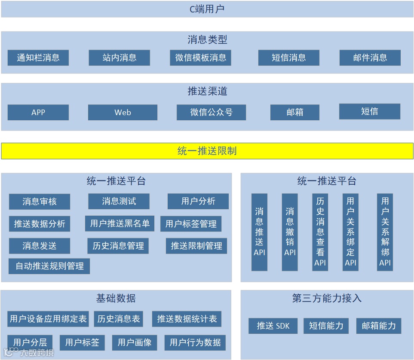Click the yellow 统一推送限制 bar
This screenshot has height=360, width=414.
point(207,151)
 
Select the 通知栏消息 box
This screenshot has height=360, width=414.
point(38,58)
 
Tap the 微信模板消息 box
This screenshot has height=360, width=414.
point(201,58)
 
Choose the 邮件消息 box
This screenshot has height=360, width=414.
point(370,58)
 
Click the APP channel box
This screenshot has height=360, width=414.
point(38,113)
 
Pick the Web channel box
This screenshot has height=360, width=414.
point(123,113)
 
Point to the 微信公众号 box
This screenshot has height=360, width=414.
point(211,112)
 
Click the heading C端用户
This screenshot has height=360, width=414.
point(207,9)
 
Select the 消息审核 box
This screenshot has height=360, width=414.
point(40,201)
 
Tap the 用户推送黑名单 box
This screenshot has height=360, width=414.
point(120,223)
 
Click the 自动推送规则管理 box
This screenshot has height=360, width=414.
point(49,266)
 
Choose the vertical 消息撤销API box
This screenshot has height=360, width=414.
point(290,232)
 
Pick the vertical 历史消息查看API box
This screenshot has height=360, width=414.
point(320,232)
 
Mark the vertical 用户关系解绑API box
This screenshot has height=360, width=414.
point(385,232)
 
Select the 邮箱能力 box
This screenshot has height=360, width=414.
point(379,326)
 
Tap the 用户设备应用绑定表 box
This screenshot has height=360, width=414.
point(48,319)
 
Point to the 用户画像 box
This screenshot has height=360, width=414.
point(135,342)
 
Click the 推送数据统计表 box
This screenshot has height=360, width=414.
point(187,319)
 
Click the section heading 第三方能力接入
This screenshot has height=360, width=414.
point(327,298)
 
